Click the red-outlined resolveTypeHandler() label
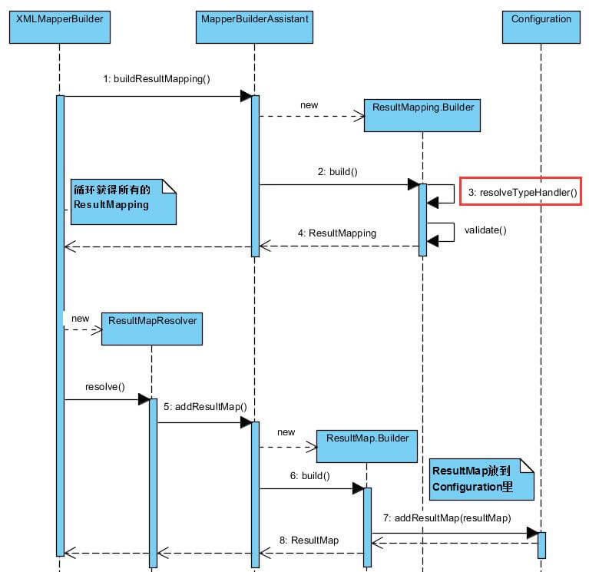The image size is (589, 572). (522, 193)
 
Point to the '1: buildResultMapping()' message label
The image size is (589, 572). (157, 79)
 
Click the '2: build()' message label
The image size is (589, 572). (338, 172)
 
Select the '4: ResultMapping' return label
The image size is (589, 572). (338, 232)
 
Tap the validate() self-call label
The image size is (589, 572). (485, 229)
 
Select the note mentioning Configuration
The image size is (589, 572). (481, 478)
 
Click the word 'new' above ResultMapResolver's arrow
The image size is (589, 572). (80, 317)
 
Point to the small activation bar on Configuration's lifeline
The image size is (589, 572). (541, 544)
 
